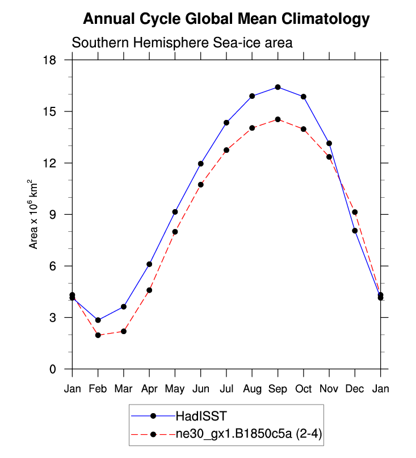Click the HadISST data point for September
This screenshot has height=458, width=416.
point(278,87)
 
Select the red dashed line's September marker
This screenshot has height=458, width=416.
point(278,119)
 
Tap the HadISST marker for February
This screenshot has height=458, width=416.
point(98,320)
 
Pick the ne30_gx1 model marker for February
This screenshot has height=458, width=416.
point(98,335)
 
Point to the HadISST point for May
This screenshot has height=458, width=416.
point(175,212)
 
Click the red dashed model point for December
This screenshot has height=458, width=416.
point(355,212)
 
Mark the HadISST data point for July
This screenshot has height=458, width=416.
point(226,123)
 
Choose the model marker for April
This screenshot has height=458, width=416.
point(149,290)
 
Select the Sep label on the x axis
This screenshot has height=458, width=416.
point(278,389)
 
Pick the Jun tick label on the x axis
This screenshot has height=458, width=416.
point(200,389)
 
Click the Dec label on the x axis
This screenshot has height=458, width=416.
point(355,389)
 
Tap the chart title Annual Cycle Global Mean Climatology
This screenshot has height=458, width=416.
point(226,19)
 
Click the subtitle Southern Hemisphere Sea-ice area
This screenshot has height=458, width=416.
point(182,43)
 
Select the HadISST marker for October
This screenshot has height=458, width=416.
point(304,97)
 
